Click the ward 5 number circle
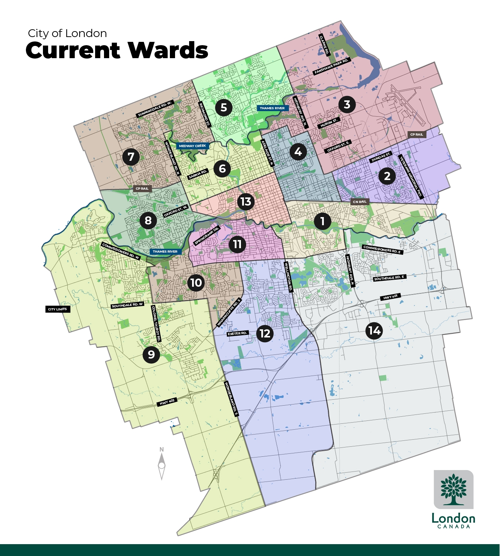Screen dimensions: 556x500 tap(224, 108)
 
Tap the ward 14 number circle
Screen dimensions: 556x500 tap(375, 330)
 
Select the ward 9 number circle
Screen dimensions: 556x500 tap(151, 354)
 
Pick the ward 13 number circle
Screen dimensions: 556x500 tap(246, 202)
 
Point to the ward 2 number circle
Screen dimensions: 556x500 tap(387, 176)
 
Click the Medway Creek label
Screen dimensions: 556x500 tap(192, 146)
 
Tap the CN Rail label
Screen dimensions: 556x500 tap(360, 202)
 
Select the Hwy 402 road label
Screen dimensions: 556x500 tap(167, 402)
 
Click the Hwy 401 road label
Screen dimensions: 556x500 tap(390, 297)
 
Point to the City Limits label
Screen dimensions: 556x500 tap(57, 309)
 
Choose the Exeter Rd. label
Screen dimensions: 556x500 tap(237, 334)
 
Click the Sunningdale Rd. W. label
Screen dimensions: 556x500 tap(155, 109)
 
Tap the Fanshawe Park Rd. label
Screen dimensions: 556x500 tap(332, 67)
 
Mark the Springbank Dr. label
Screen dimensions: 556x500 tap(207, 236)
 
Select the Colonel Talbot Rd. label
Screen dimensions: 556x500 tap(156, 323)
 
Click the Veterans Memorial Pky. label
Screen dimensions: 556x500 tap(411, 177)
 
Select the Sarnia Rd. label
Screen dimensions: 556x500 tap(198, 174)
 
